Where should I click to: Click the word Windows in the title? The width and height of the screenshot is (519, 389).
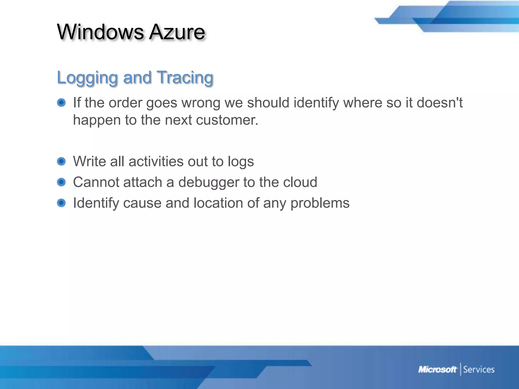point(100,32)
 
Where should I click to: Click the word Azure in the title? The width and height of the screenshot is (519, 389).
point(177,32)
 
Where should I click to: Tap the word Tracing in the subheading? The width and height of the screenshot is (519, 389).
point(185,78)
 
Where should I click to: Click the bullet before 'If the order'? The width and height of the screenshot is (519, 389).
point(61,103)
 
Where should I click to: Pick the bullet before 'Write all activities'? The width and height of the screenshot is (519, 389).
point(61,161)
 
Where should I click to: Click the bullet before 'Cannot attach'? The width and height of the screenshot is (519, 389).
point(61,182)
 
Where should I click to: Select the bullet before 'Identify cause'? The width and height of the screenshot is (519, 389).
point(61,203)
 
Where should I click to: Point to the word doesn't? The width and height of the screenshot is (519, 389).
point(439,103)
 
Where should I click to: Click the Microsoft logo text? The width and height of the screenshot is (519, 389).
point(437,369)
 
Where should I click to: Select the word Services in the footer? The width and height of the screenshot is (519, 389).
point(479,369)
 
